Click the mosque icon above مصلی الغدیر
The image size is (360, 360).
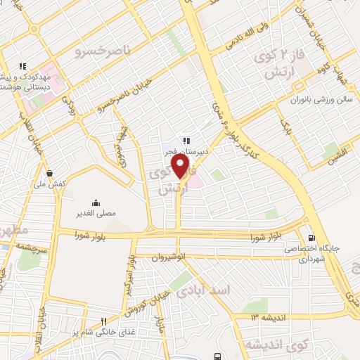pyautogui.click(x=96, y=202)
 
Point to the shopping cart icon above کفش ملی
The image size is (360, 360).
pyautogui.click(x=49, y=173)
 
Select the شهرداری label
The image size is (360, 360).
pyautogui.click(x=304, y=259)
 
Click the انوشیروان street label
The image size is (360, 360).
pyautogui.click(x=169, y=258)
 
